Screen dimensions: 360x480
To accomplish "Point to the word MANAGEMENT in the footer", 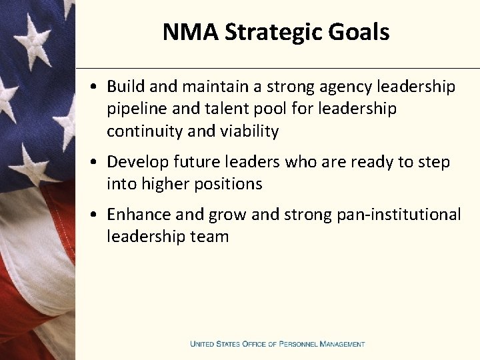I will click(x=343, y=344).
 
